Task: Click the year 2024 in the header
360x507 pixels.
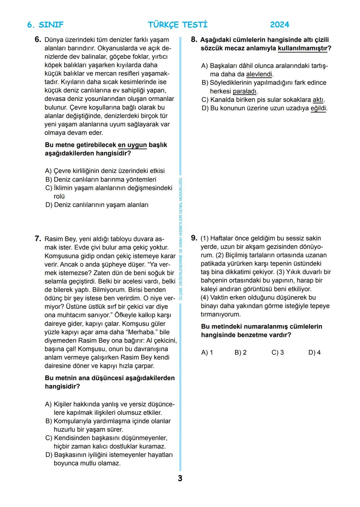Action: coord(279,25)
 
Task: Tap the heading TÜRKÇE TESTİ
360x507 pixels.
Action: coord(178,25)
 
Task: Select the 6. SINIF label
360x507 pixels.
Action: coord(45,25)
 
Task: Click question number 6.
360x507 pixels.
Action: coord(38,40)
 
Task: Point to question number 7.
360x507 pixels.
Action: coord(38,239)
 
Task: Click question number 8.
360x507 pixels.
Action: coord(194,40)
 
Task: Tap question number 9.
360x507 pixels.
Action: coord(194,238)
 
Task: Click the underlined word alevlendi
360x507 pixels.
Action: coord(259,74)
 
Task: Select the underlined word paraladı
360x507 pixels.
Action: coord(245,91)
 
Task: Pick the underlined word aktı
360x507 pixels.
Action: coord(318,100)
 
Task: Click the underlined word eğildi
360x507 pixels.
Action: coord(318,108)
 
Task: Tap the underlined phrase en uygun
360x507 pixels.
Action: coord(132,145)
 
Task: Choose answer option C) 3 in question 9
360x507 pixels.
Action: coord(277,352)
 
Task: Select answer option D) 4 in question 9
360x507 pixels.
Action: coord(314,352)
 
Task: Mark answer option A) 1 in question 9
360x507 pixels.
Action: coord(207,352)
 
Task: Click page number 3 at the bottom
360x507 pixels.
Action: coord(180,478)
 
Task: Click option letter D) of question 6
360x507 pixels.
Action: coord(49,205)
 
